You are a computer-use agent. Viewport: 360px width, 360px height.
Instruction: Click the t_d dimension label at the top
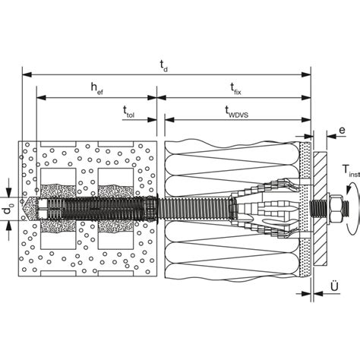click(164, 66)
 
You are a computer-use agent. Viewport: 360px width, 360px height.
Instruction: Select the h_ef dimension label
click(97, 88)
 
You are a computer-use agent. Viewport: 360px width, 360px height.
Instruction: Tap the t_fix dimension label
click(235, 89)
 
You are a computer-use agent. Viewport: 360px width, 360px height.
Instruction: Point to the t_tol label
click(128, 112)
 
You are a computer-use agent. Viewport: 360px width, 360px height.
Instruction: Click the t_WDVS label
click(237, 112)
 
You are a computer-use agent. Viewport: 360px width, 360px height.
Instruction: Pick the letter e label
click(342, 130)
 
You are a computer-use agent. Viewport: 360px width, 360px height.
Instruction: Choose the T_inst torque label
click(352, 170)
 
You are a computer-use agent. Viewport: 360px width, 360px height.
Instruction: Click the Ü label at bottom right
click(334, 286)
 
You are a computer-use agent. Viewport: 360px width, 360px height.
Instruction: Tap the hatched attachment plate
click(320, 208)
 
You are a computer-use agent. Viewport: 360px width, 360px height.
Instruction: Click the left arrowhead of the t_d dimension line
click(27, 74)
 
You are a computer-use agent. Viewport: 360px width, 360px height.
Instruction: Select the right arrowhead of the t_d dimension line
click(306, 74)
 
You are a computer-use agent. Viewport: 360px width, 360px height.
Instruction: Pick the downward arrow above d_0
click(9, 193)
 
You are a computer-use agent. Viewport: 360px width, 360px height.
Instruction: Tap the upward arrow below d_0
click(9, 225)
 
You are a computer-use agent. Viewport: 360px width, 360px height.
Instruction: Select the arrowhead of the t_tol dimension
click(152, 120)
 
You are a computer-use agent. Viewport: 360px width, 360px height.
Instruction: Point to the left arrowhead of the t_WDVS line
click(169, 120)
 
